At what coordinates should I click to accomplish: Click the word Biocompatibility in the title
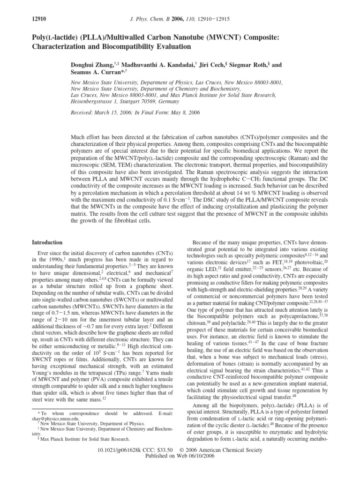tap(133, 46)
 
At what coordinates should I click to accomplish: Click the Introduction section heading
tap(47, 242)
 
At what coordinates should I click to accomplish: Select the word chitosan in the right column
tap(198, 324)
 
